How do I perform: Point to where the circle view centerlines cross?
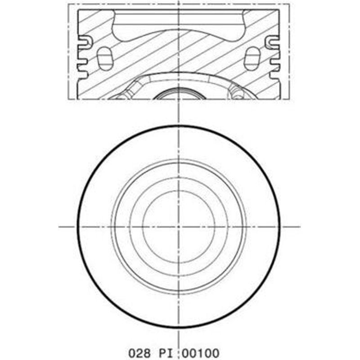pyautogui.click(x=179, y=226)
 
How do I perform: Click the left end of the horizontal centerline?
pyautogui.click(x=59, y=226)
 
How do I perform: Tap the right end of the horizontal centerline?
pyautogui.click(x=299, y=226)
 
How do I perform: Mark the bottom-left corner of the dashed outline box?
pyautogui.click(x=69, y=99)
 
